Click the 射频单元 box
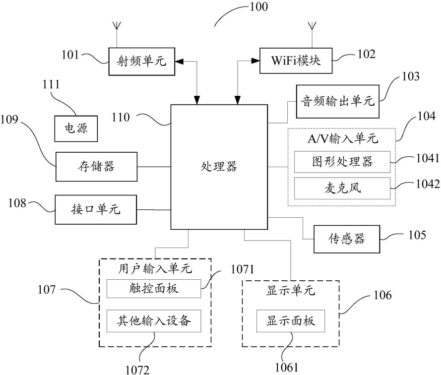pos(142,62)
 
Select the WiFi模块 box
pos(296,61)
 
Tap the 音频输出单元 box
pos(337,101)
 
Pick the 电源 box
pos(76,128)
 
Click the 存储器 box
pos(96,167)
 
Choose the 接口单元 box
pos(96,210)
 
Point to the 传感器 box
pos(346,239)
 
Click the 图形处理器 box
pos(342,162)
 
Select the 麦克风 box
pos(342,188)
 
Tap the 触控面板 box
pos(154,288)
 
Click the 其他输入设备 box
pos(154,321)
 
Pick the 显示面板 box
pos(291,321)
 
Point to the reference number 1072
pos(137,370)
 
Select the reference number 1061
pos(286,367)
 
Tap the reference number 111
pos(51,84)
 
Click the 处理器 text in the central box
pos(219,167)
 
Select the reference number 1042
pos(428,184)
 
